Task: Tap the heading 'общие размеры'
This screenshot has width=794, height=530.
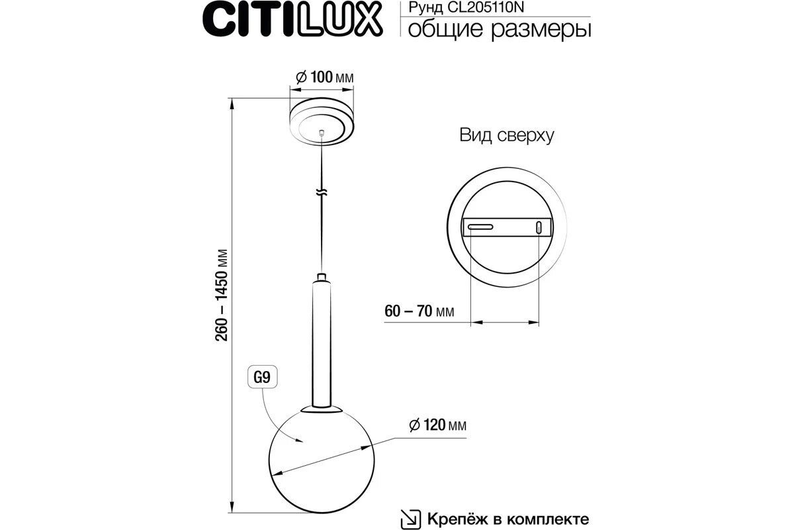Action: (496, 30)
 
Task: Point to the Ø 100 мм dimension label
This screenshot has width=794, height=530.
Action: (323, 78)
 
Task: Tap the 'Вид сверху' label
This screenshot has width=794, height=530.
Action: (506, 136)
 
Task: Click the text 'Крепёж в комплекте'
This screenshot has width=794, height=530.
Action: (508, 517)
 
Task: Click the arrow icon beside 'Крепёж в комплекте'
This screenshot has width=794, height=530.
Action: (410, 517)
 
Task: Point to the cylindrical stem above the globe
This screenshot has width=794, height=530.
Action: (322, 341)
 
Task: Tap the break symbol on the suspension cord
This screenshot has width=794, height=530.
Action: (322, 193)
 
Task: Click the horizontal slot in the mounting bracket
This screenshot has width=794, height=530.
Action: (481, 227)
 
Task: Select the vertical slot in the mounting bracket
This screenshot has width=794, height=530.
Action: (539, 227)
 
